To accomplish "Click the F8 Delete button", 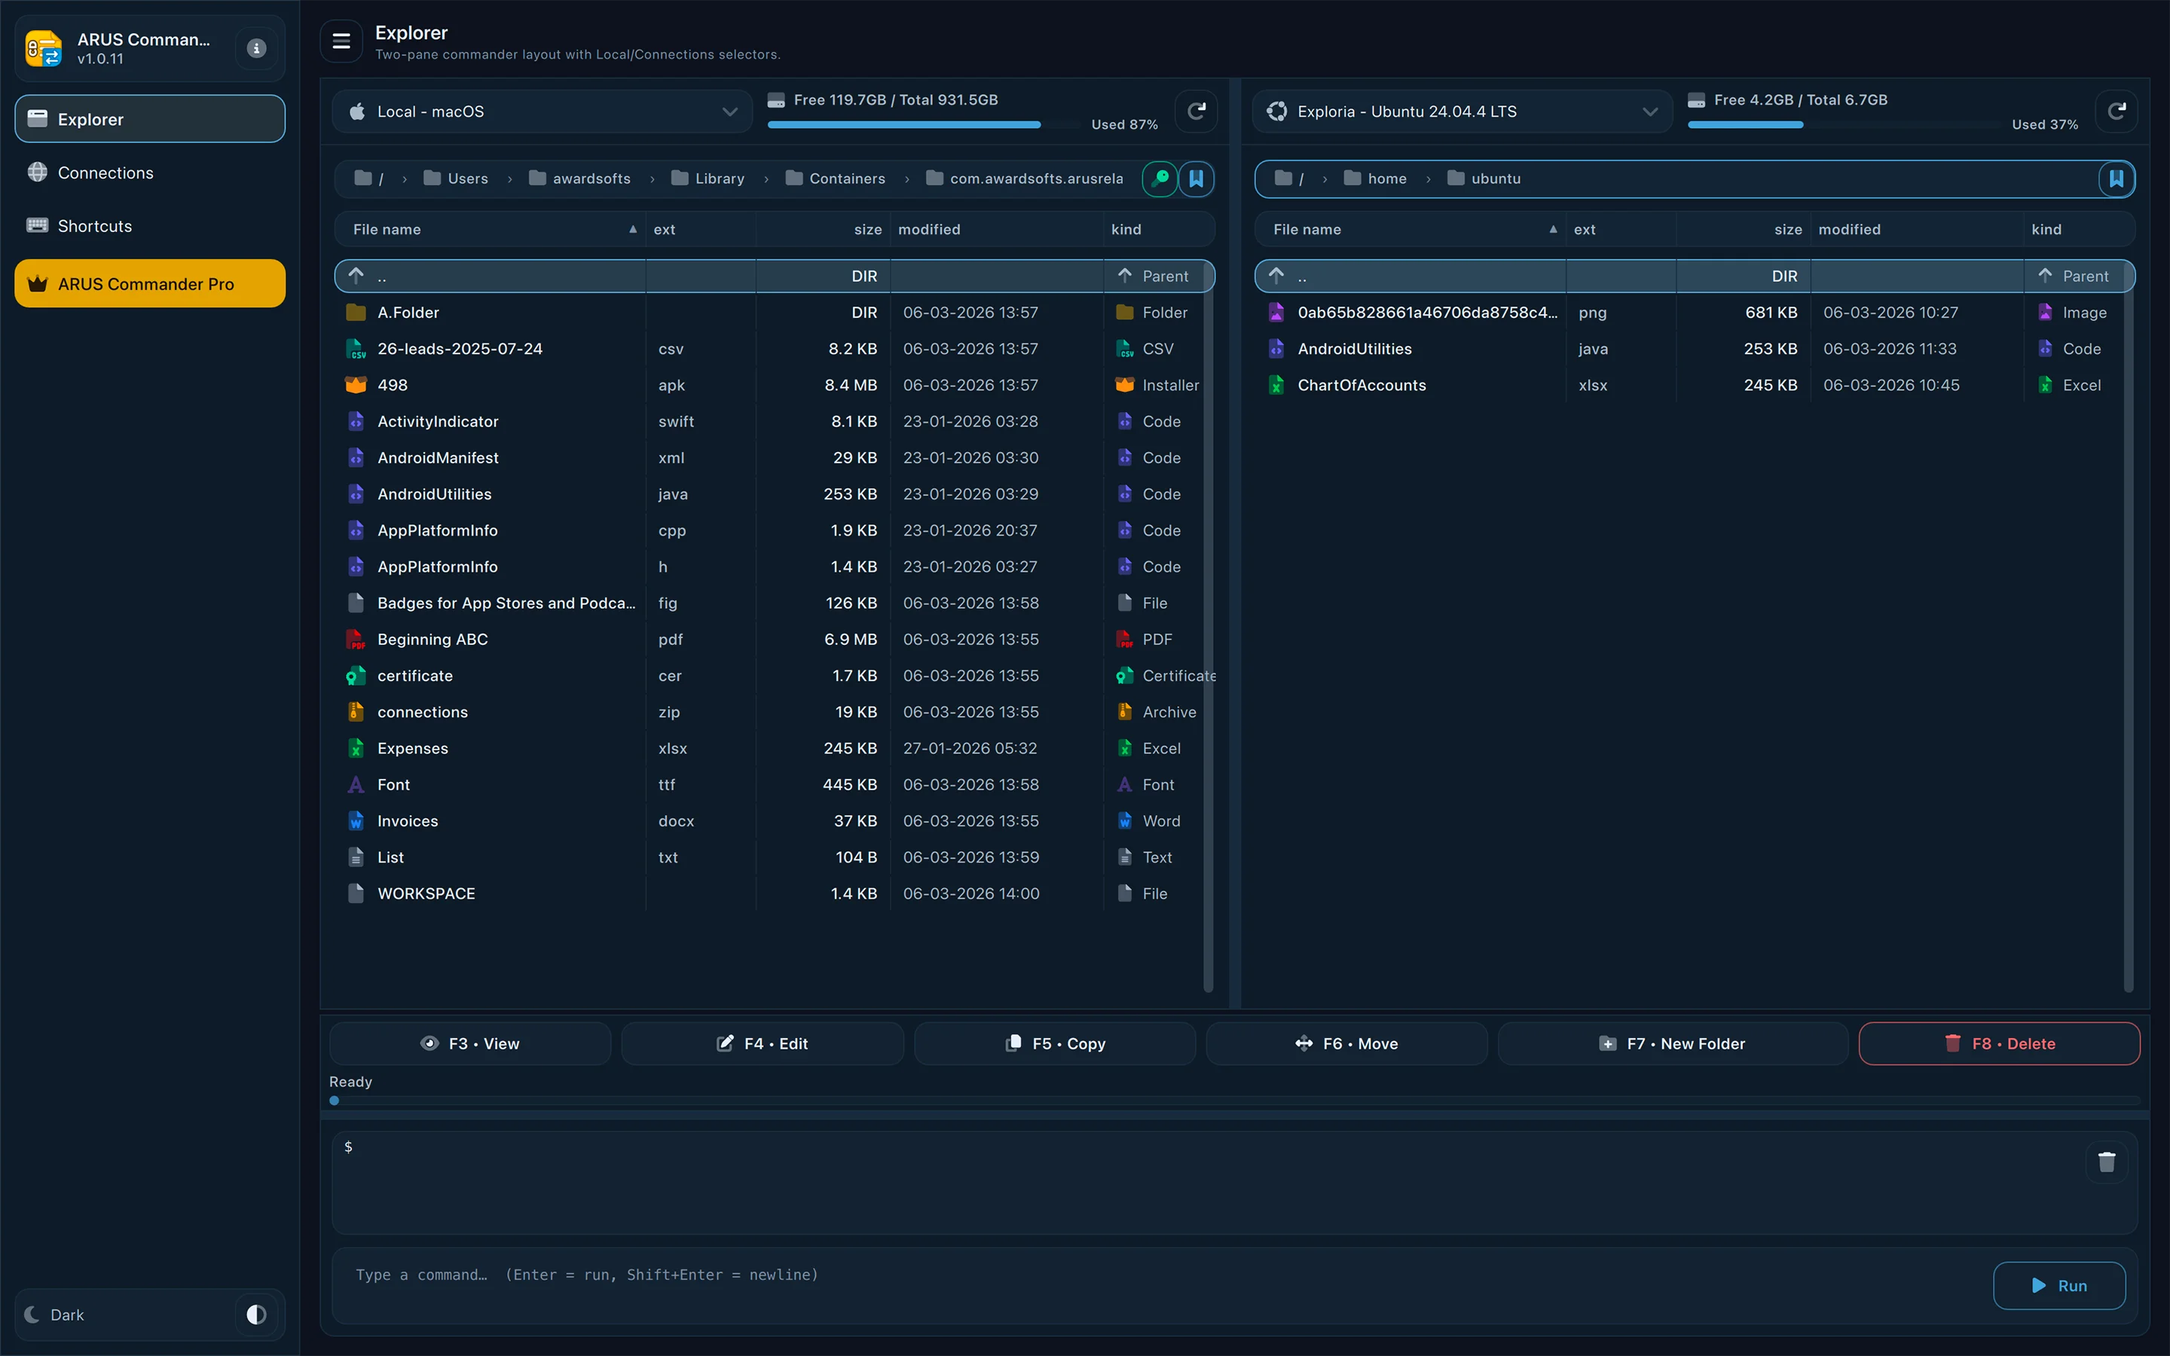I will coord(1999,1043).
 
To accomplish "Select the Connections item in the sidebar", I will coord(105,173).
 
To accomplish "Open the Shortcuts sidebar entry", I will coord(94,226).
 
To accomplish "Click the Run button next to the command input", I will coord(2058,1285).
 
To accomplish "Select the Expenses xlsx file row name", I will coord(412,748).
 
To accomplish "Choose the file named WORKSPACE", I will coord(426,893).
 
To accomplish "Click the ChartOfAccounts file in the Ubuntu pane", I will coord(1362,385).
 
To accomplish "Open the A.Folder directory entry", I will coord(408,312).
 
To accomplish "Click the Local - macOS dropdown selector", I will coord(542,111).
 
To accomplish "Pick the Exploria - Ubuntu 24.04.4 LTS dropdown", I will coord(1462,111).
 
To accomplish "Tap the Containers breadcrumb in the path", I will coord(845,179).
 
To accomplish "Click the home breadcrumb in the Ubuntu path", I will coord(1386,179).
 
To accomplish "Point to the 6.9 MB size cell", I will coord(850,640).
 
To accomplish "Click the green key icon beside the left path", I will coord(1160,179).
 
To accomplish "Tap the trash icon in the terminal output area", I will coord(2107,1162).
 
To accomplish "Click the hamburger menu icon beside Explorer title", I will coord(341,41).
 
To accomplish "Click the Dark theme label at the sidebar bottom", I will coord(66,1315).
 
